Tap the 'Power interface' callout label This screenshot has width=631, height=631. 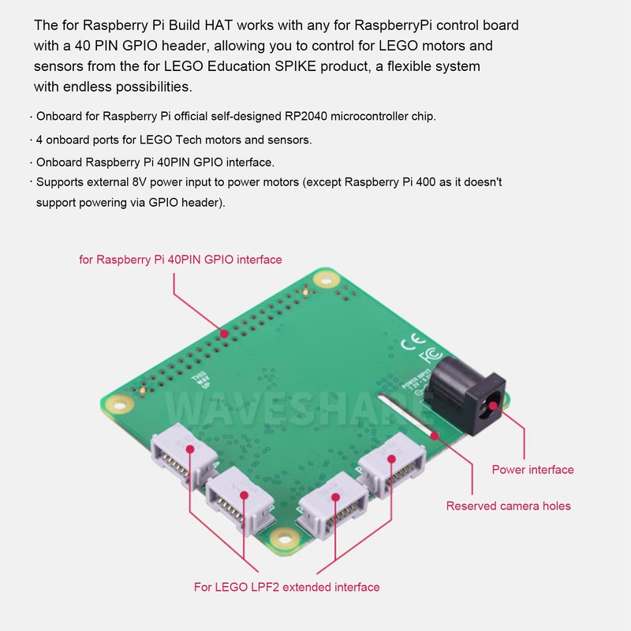532,469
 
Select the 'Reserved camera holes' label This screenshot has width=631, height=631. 508,506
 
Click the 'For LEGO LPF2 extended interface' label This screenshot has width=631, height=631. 287,587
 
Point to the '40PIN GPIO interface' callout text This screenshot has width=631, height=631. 181,259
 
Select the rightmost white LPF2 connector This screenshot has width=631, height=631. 391,466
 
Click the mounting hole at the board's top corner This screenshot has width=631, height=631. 324,278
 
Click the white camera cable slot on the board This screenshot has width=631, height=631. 402,415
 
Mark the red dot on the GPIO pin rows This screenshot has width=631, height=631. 225,334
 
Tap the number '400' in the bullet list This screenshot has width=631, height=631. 414,182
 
